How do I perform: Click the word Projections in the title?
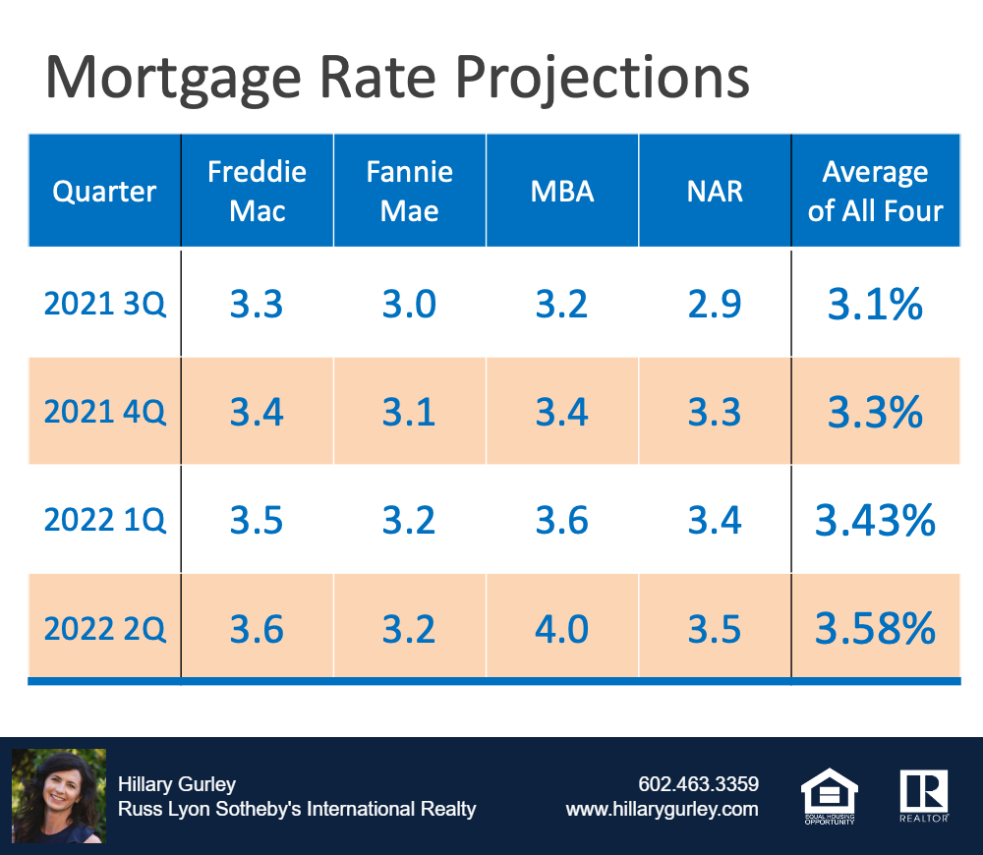pos(602,79)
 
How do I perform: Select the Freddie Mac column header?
pos(257,192)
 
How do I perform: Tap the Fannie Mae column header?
pos(409,192)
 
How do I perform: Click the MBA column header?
pos(561,192)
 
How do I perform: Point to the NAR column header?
pos(715,192)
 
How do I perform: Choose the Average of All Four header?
pos(875,192)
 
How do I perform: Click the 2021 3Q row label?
pos(105,304)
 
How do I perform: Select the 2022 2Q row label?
pos(105,628)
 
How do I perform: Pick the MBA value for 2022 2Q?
pos(561,629)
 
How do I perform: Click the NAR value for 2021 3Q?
pos(715,304)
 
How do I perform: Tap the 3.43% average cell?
pos(875,520)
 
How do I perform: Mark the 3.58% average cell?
pos(875,628)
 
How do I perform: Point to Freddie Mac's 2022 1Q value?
pos(257,520)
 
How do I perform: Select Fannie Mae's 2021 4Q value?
pos(409,413)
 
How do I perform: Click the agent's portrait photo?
pos(59,796)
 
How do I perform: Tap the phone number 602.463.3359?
pos(698,784)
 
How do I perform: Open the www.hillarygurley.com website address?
pos(662,809)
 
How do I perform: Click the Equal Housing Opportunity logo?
pos(830,796)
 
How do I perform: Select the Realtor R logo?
pos(924,796)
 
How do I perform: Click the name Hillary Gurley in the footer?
pos(177,784)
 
